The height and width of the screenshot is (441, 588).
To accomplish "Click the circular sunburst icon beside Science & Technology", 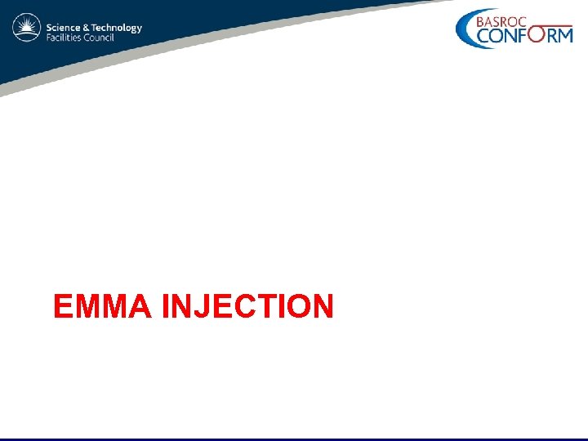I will (x=26, y=29).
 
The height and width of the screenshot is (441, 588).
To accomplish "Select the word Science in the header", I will (x=64, y=28).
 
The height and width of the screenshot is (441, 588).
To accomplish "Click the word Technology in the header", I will (x=117, y=28).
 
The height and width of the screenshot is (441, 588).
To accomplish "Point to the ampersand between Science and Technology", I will (x=87, y=28).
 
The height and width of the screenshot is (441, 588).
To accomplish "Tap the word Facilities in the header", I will (x=64, y=38).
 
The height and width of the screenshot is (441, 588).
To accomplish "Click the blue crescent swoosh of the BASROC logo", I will (x=463, y=30).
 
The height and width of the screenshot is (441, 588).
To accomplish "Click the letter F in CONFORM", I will (x=522, y=35).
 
